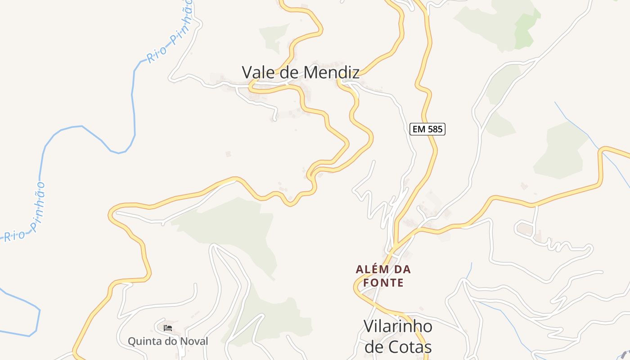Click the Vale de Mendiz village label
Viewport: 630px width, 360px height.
coord(301,72)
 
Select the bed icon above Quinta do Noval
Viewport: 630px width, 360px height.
coord(168,328)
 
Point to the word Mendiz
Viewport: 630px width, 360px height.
coord(331,72)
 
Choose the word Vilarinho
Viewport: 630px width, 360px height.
coord(398,327)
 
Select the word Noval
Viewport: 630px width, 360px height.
coord(194,341)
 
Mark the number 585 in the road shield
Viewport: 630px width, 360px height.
coord(435,130)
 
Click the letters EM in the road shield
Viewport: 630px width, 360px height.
coord(419,130)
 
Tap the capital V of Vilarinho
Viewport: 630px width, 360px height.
coord(369,327)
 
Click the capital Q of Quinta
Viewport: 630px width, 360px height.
coord(132,341)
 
